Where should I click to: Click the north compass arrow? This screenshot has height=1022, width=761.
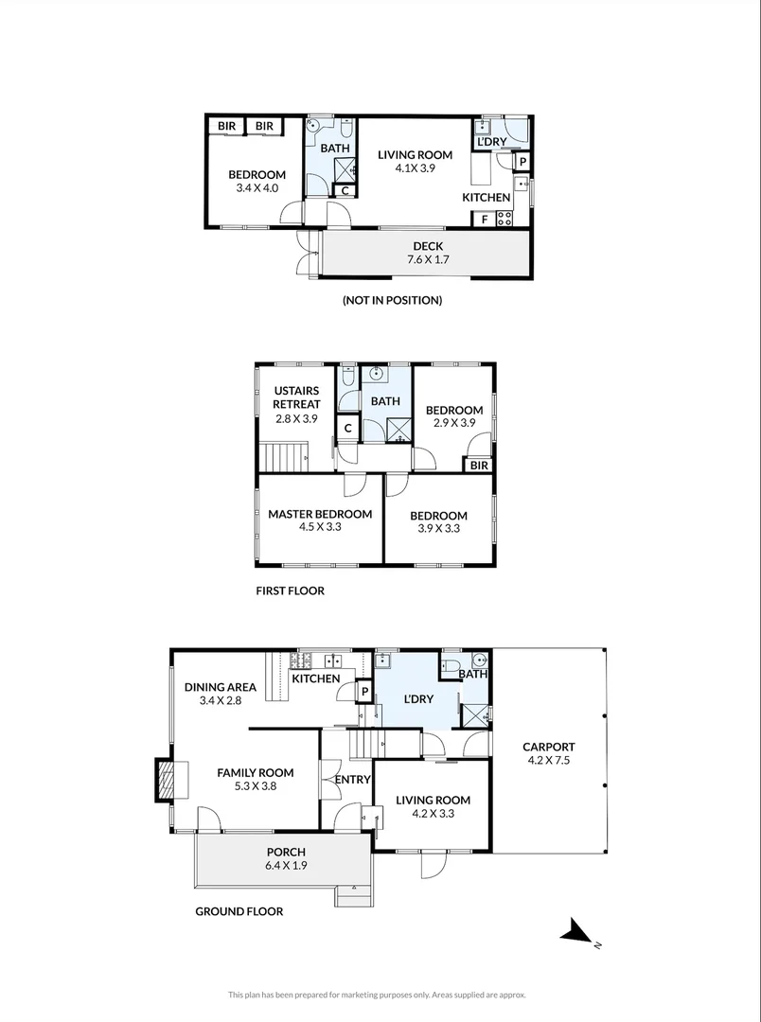pos(576,934)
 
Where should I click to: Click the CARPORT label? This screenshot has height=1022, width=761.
pos(550,752)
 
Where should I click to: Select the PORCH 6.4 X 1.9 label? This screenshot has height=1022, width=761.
pos(285,858)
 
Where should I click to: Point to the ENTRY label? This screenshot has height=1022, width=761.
pos(353,779)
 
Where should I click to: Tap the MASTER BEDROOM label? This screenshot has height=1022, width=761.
pos(319,520)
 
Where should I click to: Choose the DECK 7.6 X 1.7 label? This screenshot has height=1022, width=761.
pos(427,253)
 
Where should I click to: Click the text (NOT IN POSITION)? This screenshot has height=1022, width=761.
pos(392,300)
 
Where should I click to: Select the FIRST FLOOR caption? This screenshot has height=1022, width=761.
pos(290,590)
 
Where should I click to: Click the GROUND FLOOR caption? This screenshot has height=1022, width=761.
pos(239,911)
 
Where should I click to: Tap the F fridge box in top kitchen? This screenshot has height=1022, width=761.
pos(484,219)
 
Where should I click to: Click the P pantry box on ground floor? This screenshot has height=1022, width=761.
pos(363,693)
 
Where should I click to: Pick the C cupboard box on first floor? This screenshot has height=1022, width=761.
pos(348,429)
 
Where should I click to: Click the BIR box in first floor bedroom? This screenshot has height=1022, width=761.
pos(478,465)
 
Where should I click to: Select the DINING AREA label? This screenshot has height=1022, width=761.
pos(221,694)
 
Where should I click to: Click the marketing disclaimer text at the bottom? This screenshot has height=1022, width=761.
pos(377,995)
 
